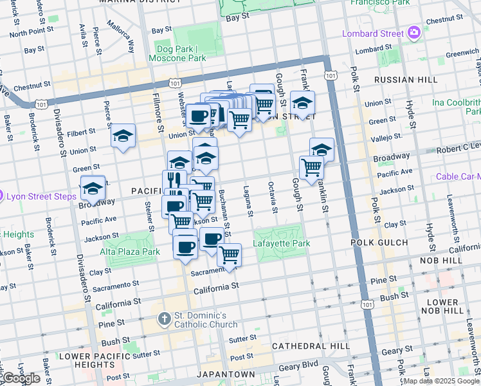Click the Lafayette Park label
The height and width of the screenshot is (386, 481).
tap(282, 243)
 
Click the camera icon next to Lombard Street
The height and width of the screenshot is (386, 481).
tap(413, 32)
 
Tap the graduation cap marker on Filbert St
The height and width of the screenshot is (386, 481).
tap(123, 136)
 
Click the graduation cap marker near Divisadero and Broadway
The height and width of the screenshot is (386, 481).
tap(93, 188)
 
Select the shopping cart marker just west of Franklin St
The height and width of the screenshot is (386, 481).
tap(312, 168)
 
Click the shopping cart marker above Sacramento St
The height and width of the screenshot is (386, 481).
tap(230, 255)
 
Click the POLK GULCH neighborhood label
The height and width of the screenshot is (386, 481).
tap(379, 243)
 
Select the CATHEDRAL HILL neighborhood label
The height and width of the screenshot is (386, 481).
tap(311, 346)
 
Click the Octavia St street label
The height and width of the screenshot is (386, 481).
tap(273, 198)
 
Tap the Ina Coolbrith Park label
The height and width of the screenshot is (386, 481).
tap(456, 107)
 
